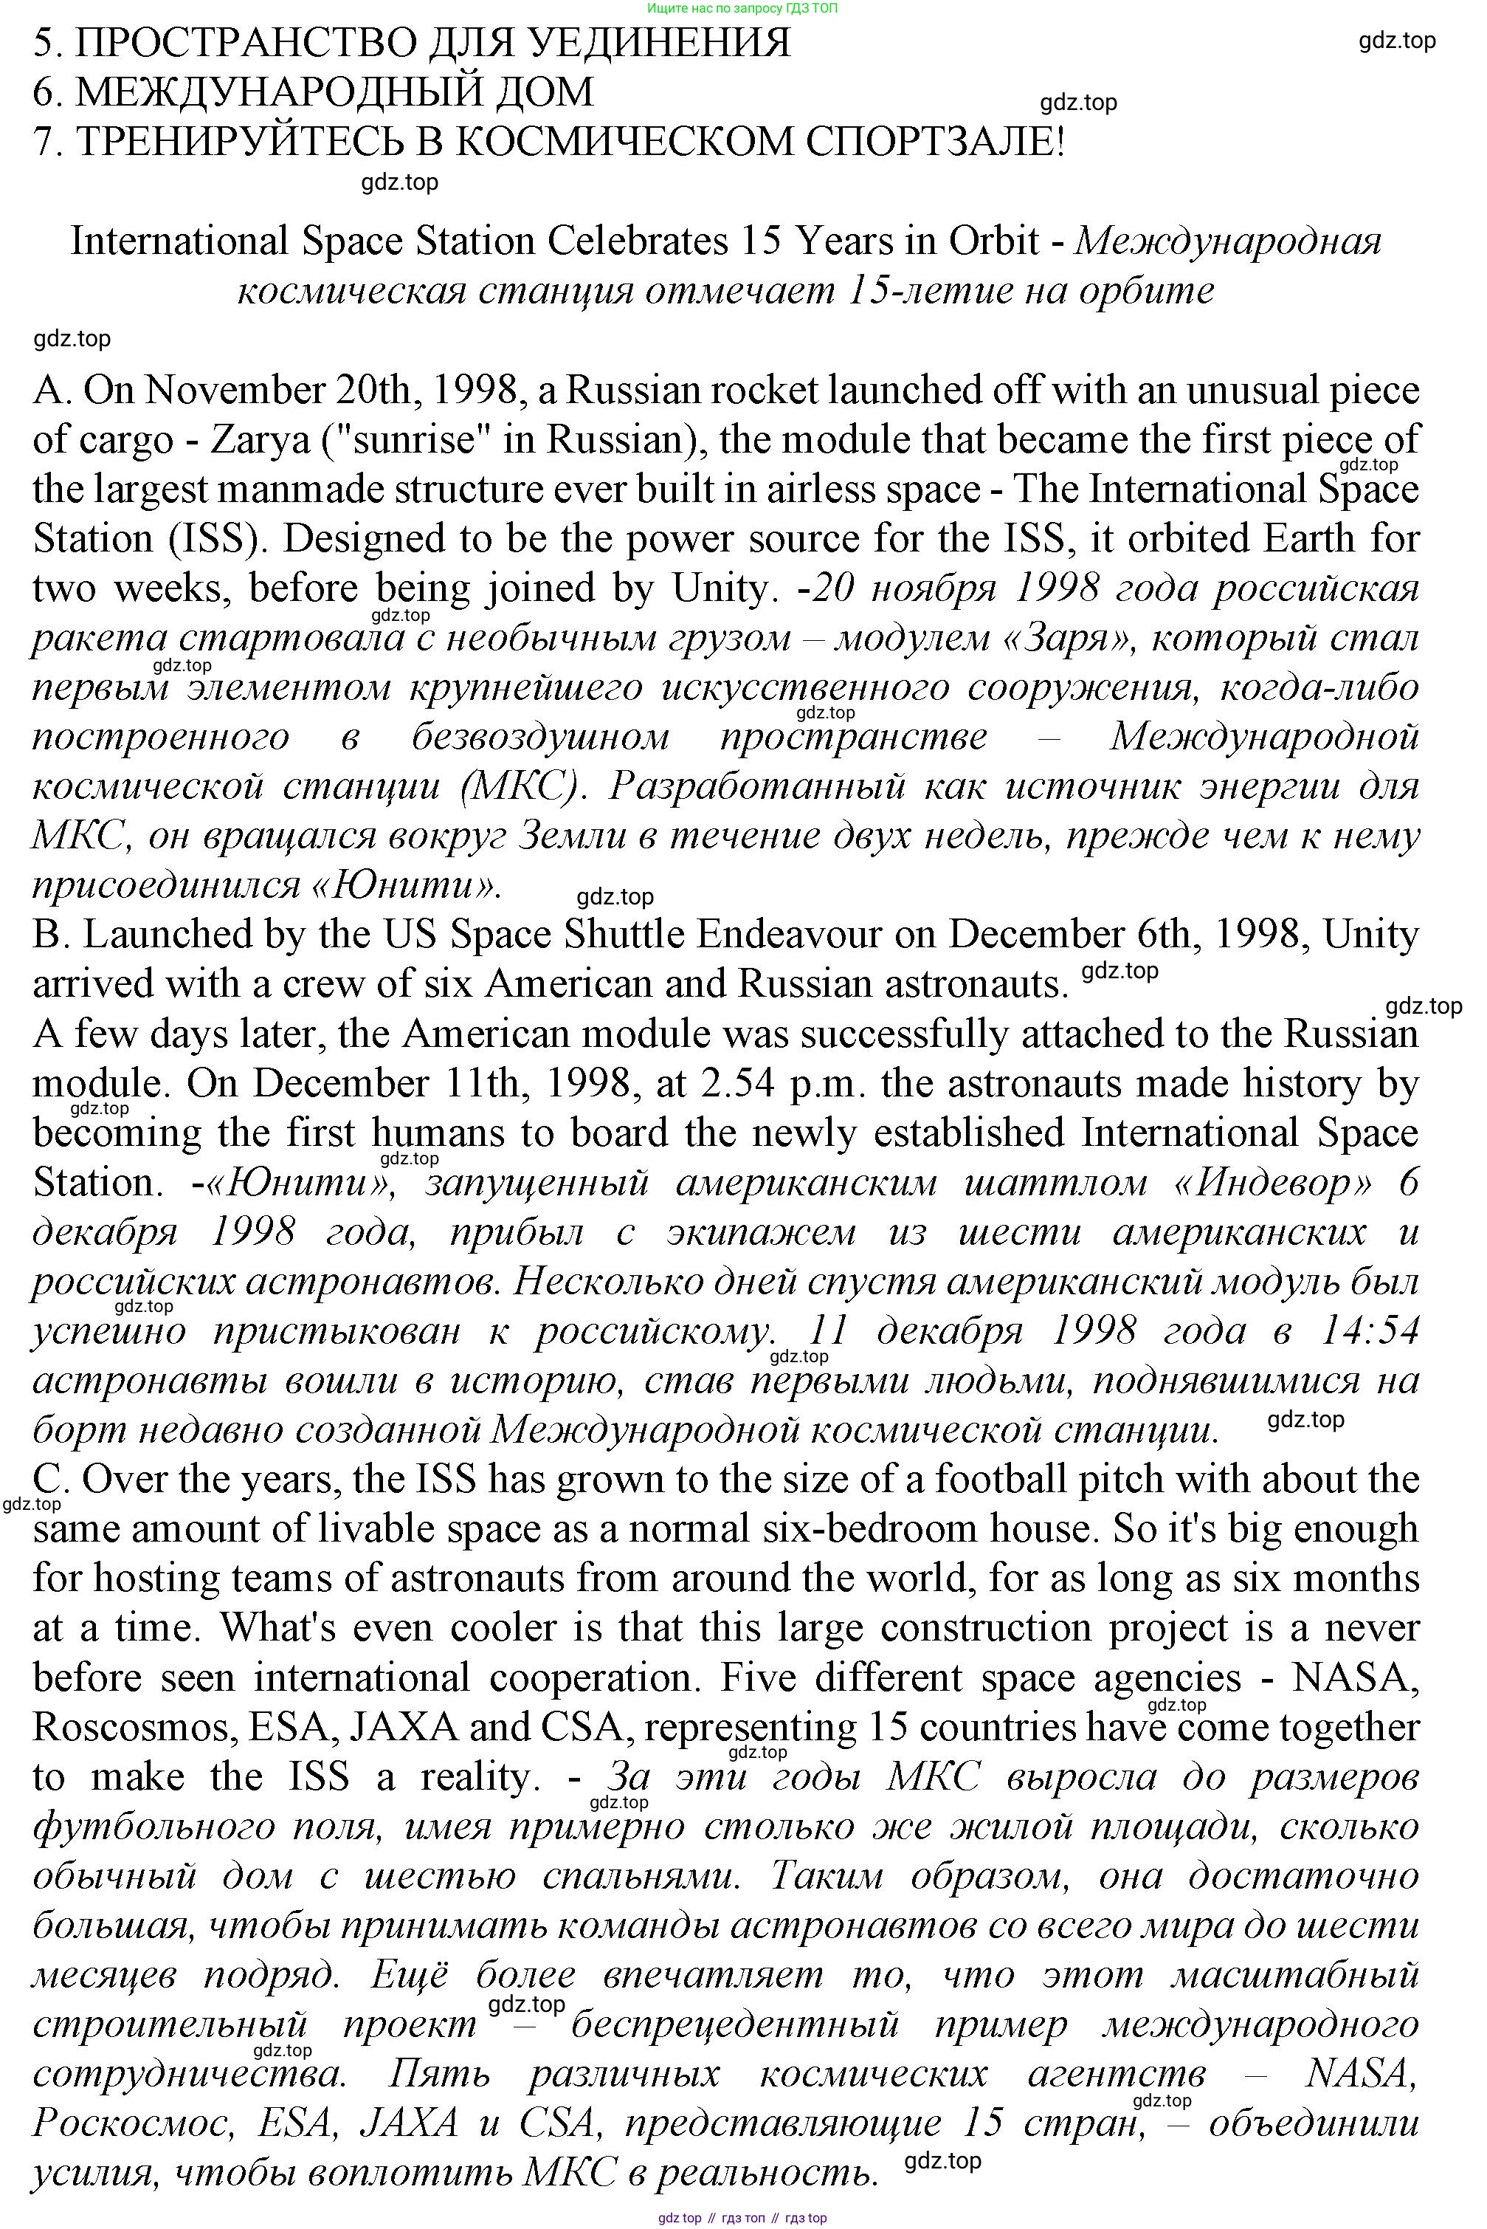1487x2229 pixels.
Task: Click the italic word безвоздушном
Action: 540,736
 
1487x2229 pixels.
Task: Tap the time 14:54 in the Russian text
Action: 1368,1330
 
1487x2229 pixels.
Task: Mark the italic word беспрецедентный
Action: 735,2024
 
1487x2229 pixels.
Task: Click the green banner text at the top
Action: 742,7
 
